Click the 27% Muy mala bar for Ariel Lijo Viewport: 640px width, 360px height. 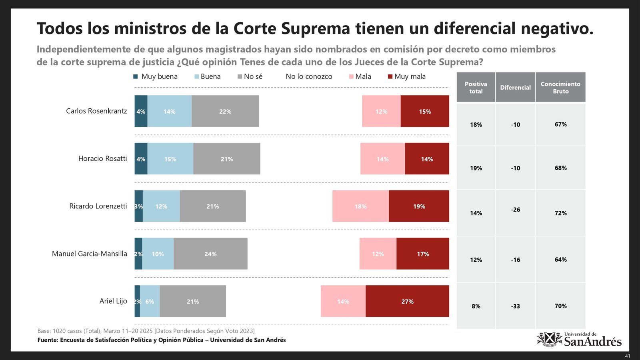(x=407, y=301)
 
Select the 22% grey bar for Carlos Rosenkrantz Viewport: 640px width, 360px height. (x=225, y=111)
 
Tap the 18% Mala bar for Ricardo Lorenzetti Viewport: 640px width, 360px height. (x=360, y=206)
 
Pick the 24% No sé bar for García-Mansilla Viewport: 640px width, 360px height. (x=210, y=254)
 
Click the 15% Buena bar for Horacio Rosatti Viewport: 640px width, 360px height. (x=170, y=159)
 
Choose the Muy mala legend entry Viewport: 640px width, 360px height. (x=406, y=76)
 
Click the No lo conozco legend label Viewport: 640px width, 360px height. (x=309, y=76)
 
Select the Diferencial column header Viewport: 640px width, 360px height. (x=515, y=87)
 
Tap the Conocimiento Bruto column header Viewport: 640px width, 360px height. (x=560, y=87)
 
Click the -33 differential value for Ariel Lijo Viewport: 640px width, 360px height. (x=515, y=306)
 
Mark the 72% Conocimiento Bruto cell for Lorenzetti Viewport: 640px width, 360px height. (x=560, y=213)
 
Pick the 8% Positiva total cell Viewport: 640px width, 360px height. (x=476, y=306)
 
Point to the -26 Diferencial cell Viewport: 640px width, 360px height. (x=515, y=210)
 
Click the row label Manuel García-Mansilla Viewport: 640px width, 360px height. (x=90, y=254)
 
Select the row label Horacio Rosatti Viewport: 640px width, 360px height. (x=102, y=159)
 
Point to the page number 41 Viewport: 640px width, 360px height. (x=627, y=356)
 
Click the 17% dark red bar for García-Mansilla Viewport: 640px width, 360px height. (x=423, y=254)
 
